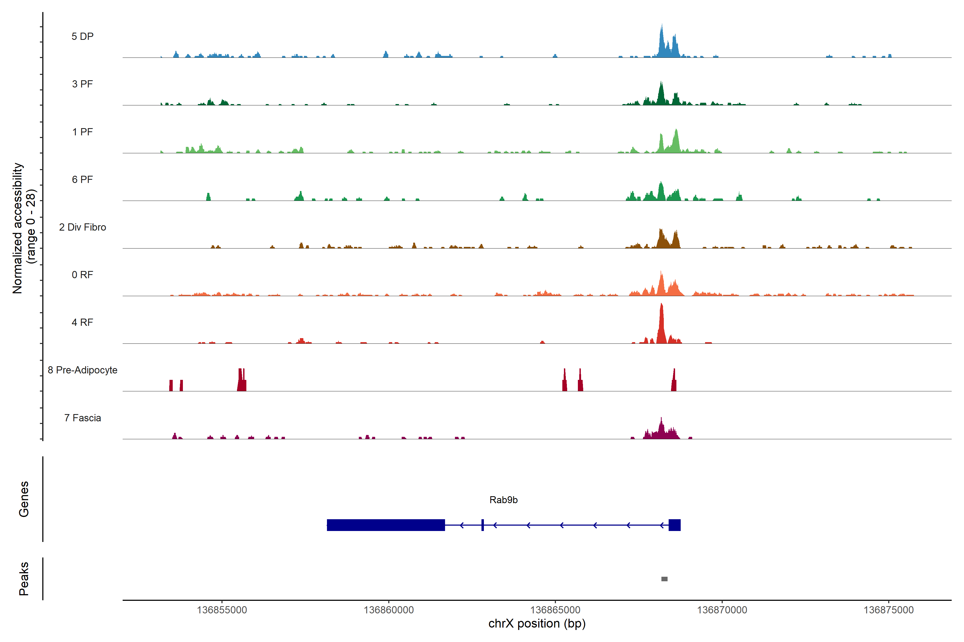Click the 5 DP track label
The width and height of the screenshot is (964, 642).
coord(82,36)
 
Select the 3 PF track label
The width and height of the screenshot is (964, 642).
coord(82,84)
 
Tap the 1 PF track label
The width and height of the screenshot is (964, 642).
coord(82,132)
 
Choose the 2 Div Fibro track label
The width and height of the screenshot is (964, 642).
coord(82,227)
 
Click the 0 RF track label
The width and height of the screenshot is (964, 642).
coord(82,275)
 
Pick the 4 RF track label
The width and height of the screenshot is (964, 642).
coord(82,322)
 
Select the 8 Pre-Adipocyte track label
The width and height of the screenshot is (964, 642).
coord(82,370)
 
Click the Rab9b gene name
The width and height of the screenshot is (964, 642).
coord(503,500)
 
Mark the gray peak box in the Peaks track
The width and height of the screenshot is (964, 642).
coord(664,579)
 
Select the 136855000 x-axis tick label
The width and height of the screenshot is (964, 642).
coord(222,610)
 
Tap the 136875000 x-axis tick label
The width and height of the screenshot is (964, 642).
coord(888,610)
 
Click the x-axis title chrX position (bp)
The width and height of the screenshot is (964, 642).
coord(537,624)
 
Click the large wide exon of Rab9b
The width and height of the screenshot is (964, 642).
coord(386,525)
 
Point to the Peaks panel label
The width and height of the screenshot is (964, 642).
coord(24,579)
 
